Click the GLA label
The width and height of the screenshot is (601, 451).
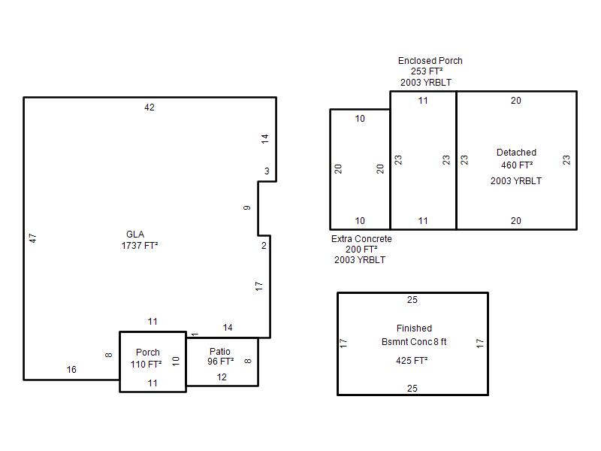pyautogui.click(x=135, y=235)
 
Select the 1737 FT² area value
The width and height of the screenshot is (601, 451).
pyautogui.click(x=140, y=246)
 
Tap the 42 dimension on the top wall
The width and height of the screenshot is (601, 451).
pyautogui.click(x=149, y=107)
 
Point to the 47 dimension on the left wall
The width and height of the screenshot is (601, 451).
pyautogui.click(x=33, y=238)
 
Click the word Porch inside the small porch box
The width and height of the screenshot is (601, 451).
pyautogui.click(x=148, y=352)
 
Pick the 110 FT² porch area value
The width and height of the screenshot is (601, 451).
pyautogui.click(x=146, y=364)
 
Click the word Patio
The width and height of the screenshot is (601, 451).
pyautogui.click(x=220, y=351)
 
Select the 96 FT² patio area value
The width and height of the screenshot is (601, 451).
pyautogui.click(x=221, y=362)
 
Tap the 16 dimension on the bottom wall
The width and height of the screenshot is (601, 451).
pyautogui.click(x=71, y=370)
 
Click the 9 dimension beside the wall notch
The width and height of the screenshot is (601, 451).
pyautogui.click(x=247, y=207)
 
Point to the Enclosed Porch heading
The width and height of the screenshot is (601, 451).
pyautogui.click(x=430, y=61)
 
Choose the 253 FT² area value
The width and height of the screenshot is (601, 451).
pyautogui.click(x=427, y=71)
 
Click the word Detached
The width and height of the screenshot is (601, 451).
pyautogui.click(x=516, y=153)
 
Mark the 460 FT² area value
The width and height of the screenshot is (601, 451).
pyautogui.click(x=517, y=165)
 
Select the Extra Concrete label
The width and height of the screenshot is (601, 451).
pyautogui.click(x=361, y=239)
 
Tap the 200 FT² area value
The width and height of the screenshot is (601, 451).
pyautogui.click(x=361, y=250)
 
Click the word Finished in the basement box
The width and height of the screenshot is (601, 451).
pyautogui.click(x=415, y=328)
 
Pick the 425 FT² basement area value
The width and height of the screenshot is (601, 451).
pyautogui.click(x=412, y=361)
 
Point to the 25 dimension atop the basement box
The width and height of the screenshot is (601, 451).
pyautogui.click(x=412, y=300)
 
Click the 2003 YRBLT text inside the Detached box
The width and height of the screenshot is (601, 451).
pyautogui.click(x=516, y=181)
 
